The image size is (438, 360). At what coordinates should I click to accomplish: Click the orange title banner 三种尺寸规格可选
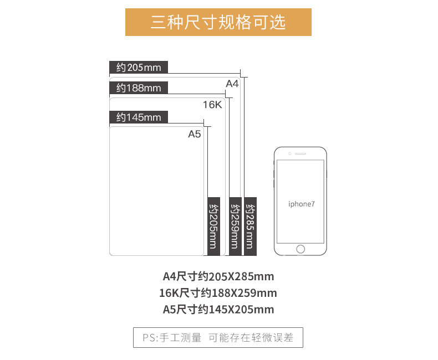click(218, 22)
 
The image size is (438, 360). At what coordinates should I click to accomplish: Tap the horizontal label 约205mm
click(139, 68)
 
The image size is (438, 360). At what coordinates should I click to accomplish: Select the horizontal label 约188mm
click(139, 88)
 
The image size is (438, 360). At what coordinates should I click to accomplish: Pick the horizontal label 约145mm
click(139, 117)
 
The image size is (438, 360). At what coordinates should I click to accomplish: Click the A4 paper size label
click(232, 84)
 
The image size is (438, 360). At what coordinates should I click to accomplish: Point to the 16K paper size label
click(212, 105)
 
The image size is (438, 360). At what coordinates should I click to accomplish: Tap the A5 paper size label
click(194, 134)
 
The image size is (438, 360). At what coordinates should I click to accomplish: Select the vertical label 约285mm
click(251, 226)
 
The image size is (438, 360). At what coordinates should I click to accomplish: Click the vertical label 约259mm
click(235, 226)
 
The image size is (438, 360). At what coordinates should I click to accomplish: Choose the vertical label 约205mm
click(213, 226)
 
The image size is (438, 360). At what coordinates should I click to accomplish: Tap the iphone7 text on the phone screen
click(301, 204)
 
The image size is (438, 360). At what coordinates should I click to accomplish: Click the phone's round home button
click(301, 249)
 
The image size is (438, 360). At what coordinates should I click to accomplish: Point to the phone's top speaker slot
click(301, 153)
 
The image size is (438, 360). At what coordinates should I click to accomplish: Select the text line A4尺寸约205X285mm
click(218, 276)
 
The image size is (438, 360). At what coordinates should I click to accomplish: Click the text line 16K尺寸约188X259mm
click(218, 293)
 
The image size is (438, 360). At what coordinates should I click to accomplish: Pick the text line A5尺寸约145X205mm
click(218, 310)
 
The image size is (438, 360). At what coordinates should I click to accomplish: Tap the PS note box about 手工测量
click(218, 337)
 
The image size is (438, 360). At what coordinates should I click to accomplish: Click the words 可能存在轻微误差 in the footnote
click(250, 337)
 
